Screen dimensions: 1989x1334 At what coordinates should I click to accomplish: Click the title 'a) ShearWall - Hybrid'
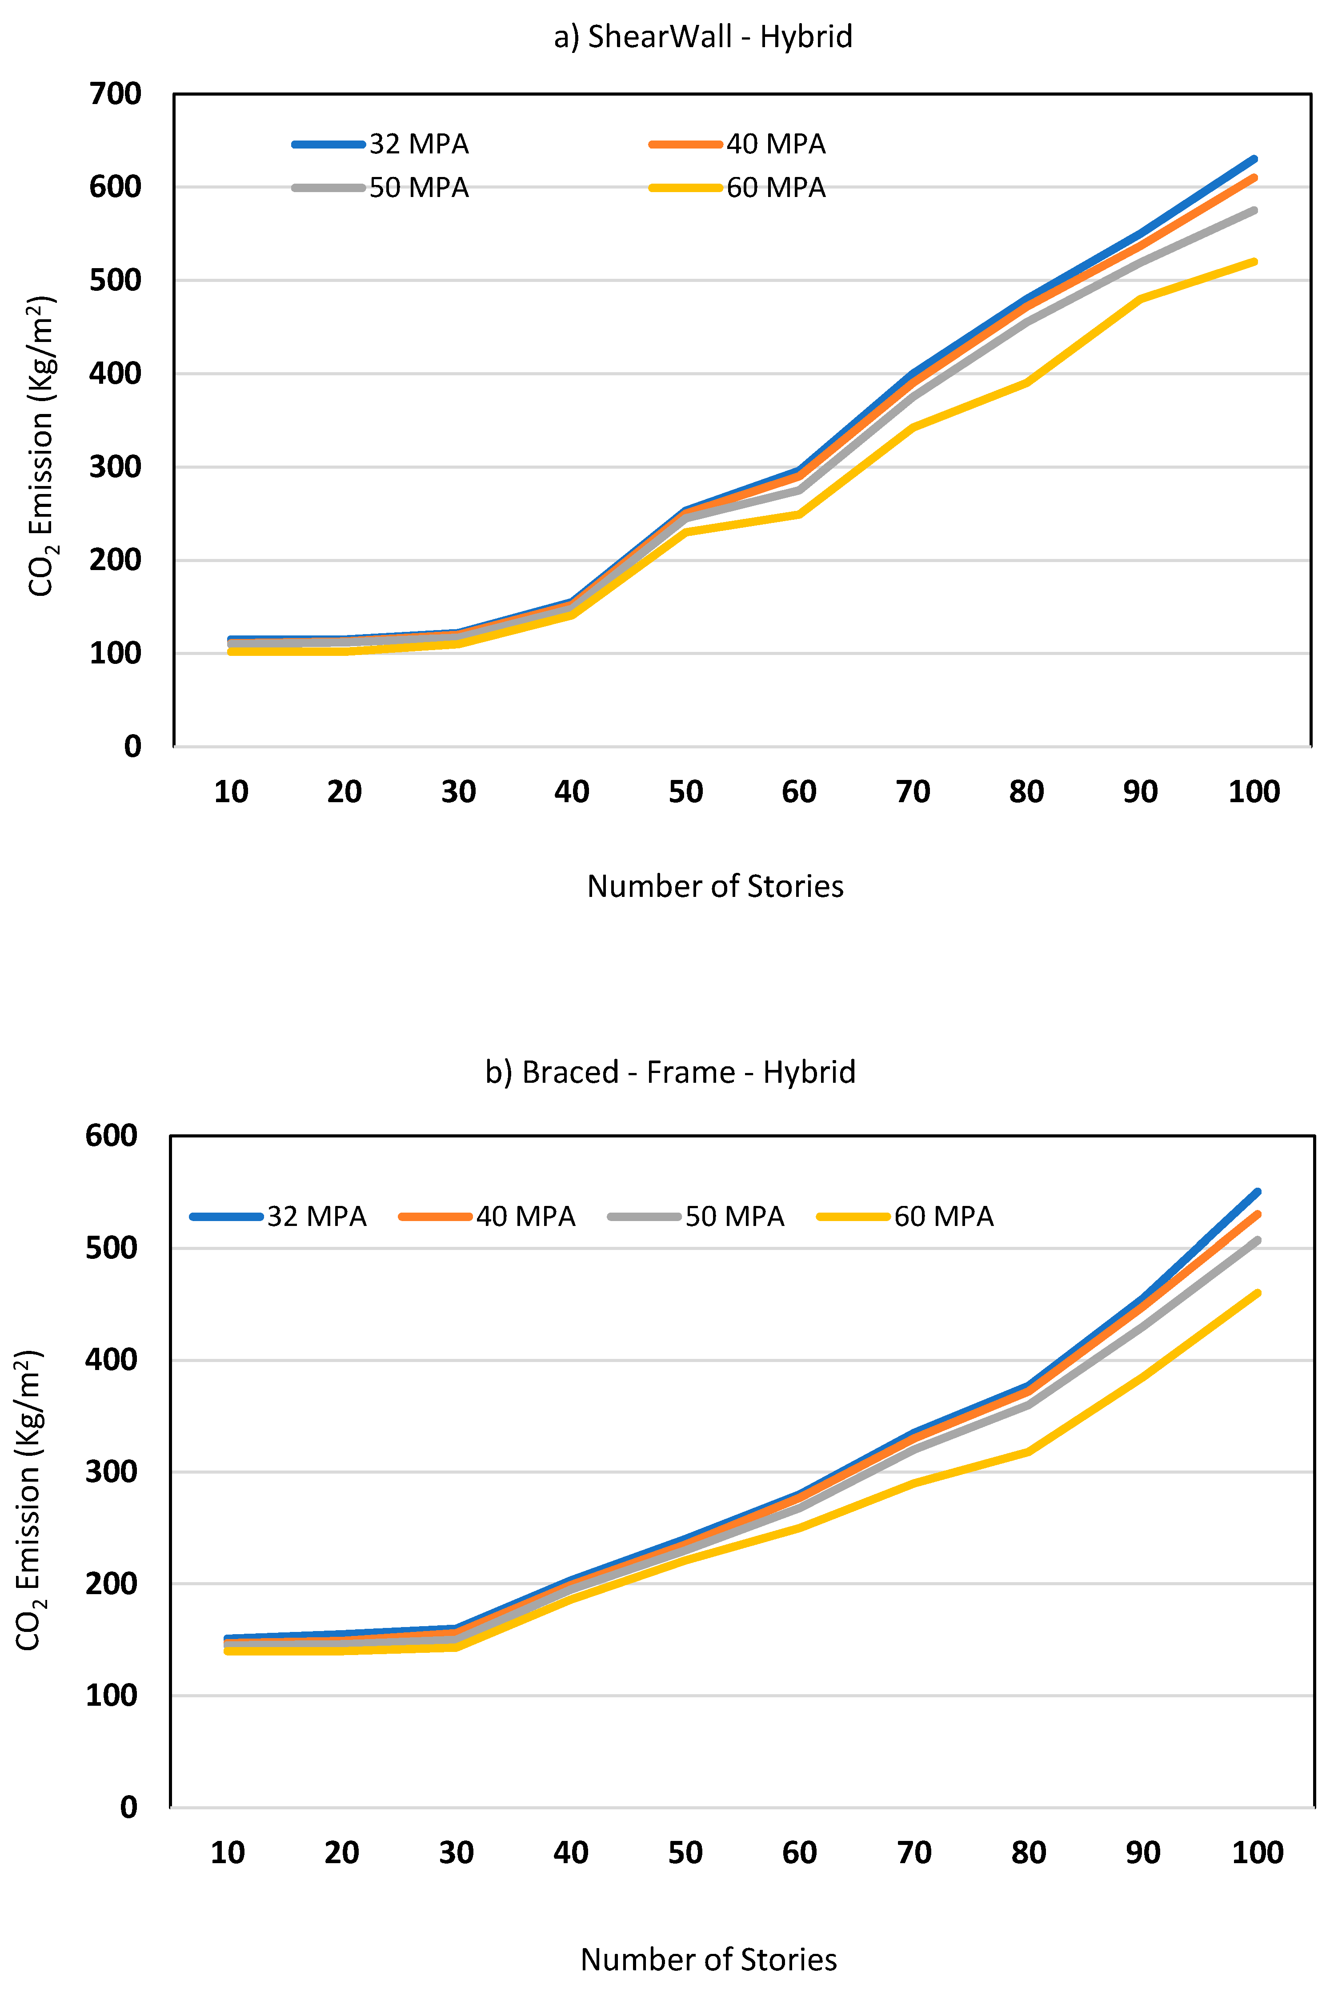pos(703,36)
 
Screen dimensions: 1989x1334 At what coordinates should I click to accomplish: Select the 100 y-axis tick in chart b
pos(112,1696)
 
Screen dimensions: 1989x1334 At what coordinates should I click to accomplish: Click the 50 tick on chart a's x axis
pos(686,792)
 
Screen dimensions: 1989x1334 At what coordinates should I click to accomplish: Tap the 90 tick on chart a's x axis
pos(1140,792)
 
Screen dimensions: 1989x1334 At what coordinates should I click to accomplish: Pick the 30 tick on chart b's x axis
pos(456,1853)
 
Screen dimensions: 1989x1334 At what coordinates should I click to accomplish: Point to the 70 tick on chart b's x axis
pos(914,1853)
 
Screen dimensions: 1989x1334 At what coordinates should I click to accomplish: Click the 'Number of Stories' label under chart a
pos(715,886)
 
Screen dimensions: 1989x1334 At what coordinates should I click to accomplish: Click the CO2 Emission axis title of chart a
pos(41,447)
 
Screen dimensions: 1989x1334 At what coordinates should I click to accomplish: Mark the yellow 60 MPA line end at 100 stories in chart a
pos(1254,262)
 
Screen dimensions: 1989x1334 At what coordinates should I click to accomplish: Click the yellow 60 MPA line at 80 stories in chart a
pos(1027,383)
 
